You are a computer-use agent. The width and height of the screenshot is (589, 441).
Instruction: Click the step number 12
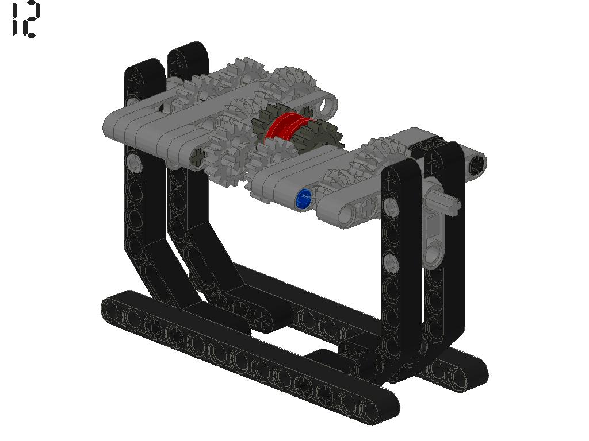(25, 19)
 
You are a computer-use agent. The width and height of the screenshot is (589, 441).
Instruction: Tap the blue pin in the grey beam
(304, 199)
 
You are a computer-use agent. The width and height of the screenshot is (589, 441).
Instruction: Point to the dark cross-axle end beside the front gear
(198, 156)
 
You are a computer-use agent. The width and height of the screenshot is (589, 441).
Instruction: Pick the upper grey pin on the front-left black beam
(134, 163)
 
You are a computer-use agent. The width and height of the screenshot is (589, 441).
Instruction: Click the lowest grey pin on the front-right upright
(391, 263)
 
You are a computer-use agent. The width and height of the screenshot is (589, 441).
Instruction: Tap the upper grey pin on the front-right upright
(391, 207)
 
